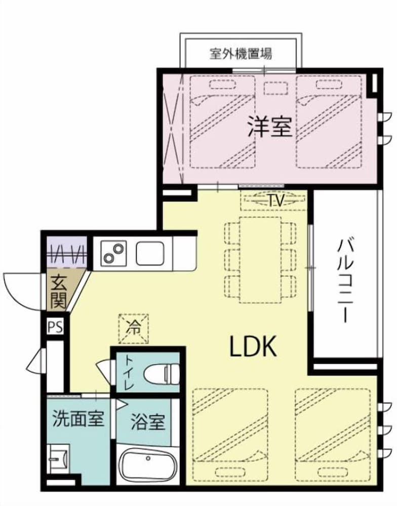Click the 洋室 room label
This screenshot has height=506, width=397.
pyautogui.click(x=269, y=127)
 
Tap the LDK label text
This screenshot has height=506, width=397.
pyautogui.click(x=253, y=347)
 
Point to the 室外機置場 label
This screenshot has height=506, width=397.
pyautogui.click(x=241, y=54)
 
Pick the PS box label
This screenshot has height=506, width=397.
pyautogui.click(x=55, y=327)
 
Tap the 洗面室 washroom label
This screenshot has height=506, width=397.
pyautogui.click(x=78, y=418)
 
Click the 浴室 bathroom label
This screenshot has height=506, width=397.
pyautogui.click(x=147, y=421)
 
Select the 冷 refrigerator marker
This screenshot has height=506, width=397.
pyautogui.click(x=134, y=327)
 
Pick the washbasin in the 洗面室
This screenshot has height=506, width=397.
pyautogui.click(x=60, y=459)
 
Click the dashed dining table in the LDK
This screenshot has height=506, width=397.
pyautogui.click(x=260, y=260)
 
